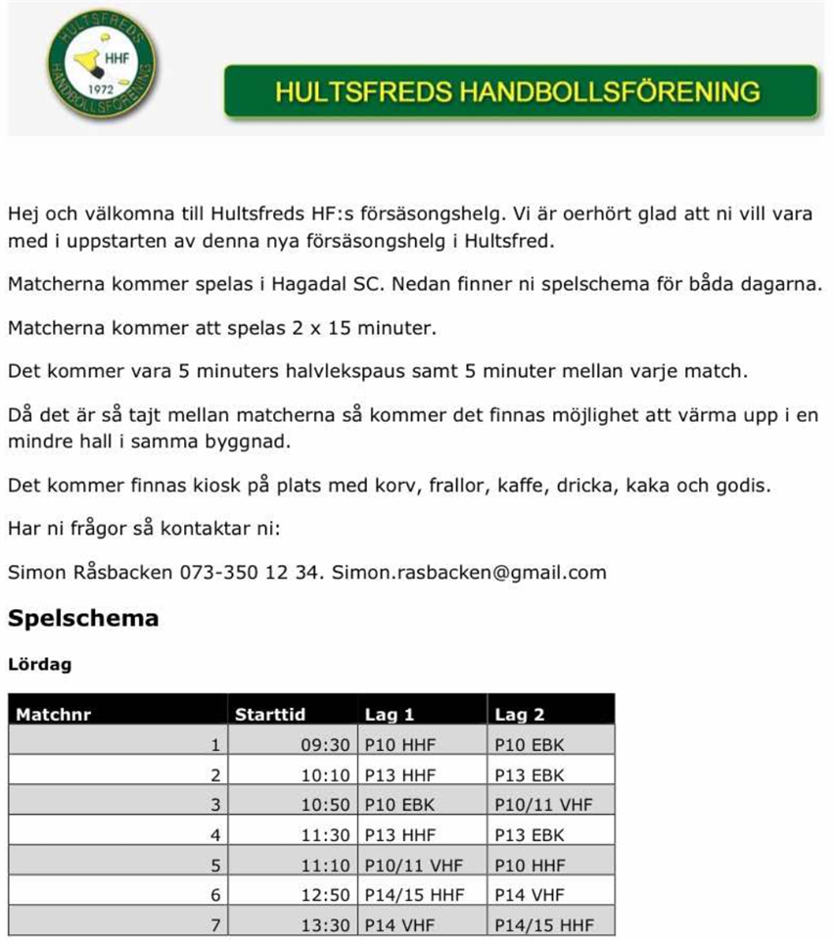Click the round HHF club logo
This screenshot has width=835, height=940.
click(x=102, y=66)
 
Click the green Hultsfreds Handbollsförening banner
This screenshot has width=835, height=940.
click(x=520, y=92)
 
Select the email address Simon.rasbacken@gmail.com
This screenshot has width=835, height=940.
click(x=469, y=573)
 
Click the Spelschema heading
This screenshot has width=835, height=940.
click(x=82, y=619)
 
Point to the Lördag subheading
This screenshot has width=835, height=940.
click(x=39, y=664)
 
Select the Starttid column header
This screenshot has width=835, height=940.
click(x=270, y=715)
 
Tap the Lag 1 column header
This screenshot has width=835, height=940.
click(x=389, y=715)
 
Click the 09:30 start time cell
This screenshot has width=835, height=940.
click(x=325, y=745)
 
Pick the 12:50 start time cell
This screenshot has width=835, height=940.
click(x=325, y=895)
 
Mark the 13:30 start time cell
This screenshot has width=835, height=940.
click(x=325, y=924)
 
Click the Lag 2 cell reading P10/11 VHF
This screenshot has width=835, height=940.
click(x=543, y=805)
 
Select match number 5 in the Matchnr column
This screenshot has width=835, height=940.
click(x=215, y=865)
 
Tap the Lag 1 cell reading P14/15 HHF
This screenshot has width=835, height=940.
click(x=413, y=895)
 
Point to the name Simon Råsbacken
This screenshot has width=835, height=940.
click(x=89, y=573)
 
